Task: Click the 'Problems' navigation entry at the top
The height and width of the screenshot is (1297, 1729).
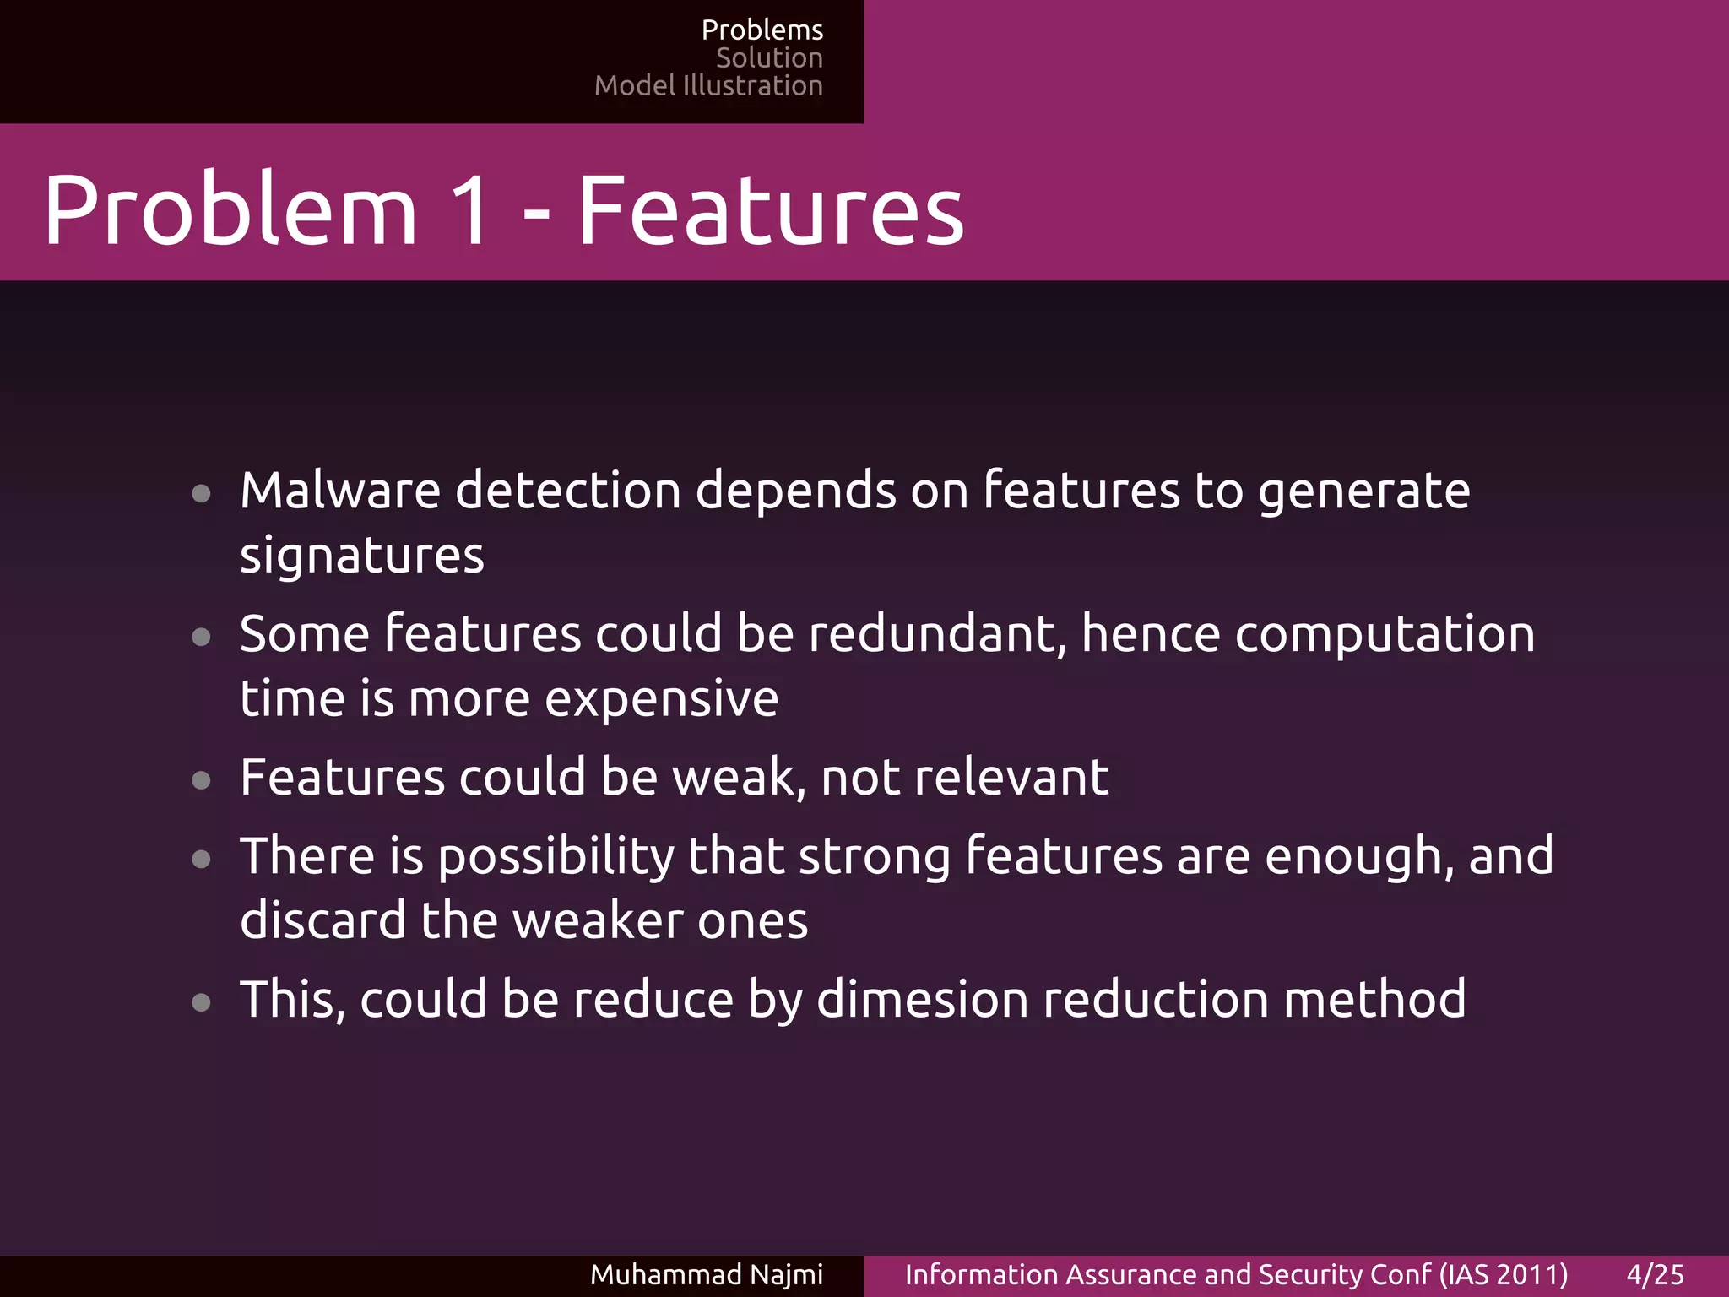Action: point(762,30)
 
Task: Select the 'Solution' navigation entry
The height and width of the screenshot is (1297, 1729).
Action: point(769,58)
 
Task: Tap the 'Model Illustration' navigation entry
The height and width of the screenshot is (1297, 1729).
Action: point(708,86)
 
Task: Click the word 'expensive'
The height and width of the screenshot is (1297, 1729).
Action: point(661,699)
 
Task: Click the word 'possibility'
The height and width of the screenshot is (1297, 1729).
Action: point(556,856)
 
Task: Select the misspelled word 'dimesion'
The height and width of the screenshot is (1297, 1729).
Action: point(923,1000)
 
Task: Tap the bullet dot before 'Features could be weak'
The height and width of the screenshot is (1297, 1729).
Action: point(201,780)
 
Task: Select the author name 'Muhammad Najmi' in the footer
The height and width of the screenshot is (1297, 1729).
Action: point(707,1274)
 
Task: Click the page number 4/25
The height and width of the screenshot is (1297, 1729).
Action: point(1655,1274)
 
